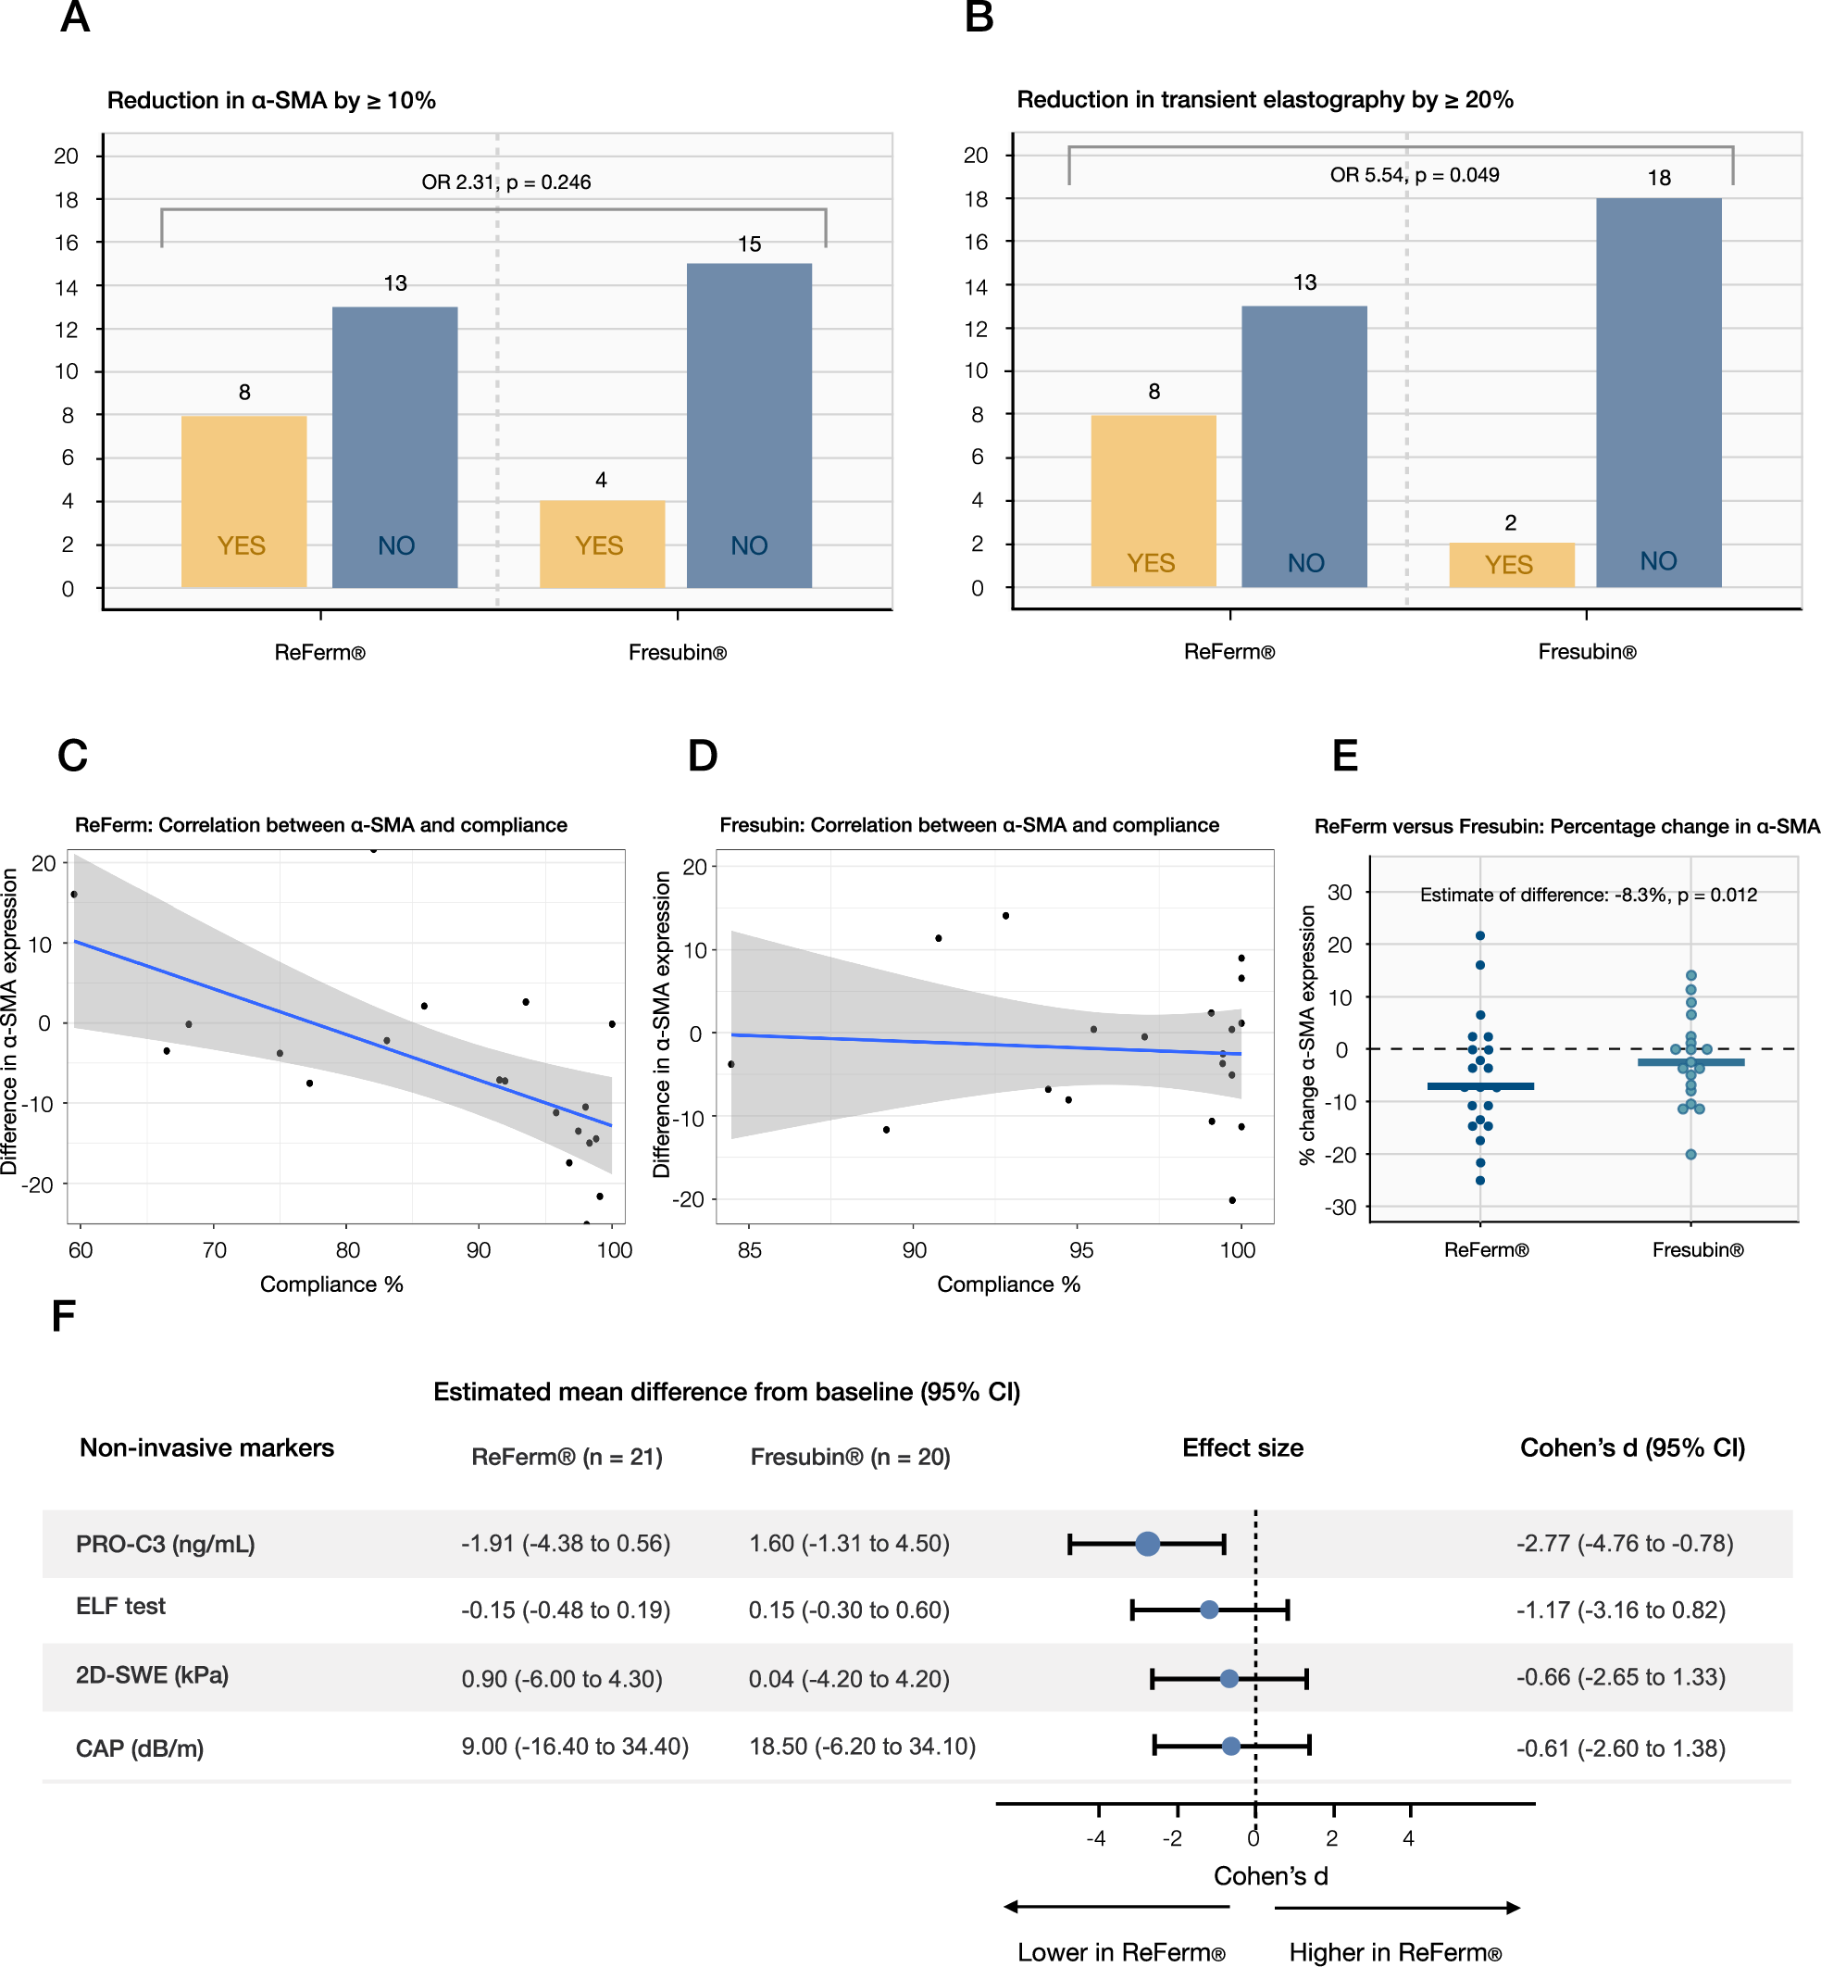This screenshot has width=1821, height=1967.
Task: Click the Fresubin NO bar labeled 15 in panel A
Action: click(x=749, y=424)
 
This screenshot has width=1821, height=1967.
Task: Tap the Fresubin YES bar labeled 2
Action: click(x=1511, y=565)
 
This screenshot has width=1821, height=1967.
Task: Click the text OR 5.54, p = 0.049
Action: click(x=1414, y=174)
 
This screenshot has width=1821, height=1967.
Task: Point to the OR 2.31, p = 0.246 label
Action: click(x=505, y=182)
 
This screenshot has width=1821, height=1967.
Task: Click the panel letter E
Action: click(x=1344, y=756)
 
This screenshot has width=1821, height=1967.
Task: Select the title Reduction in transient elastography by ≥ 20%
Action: click(x=1265, y=99)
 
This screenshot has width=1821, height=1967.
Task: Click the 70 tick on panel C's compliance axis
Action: click(x=214, y=1249)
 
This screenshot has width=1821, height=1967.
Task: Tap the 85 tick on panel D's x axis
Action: click(x=749, y=1249)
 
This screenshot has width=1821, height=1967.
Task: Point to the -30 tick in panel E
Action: click(x=1341, y=1208)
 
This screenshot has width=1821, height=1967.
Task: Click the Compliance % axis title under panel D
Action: click(x=1008, y=1284)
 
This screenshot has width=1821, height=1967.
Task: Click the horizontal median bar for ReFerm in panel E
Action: click(x=1480, y=1086)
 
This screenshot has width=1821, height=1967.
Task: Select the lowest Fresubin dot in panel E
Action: click(x=1690, y=1154)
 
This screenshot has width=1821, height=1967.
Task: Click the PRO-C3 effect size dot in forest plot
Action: click(x=1147, y=1543)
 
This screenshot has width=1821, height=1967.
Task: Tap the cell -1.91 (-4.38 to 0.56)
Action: click(x=566, y=1543)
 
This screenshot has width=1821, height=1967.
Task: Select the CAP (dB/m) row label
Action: click(x=140, y=1748)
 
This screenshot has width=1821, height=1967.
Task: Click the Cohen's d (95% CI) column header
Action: click(x=1632, y=1447)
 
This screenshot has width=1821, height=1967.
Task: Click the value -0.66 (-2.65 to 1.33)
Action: click(x=1621, y=1677)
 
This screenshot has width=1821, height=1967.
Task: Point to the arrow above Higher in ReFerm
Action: click(x=1397, y=1908)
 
